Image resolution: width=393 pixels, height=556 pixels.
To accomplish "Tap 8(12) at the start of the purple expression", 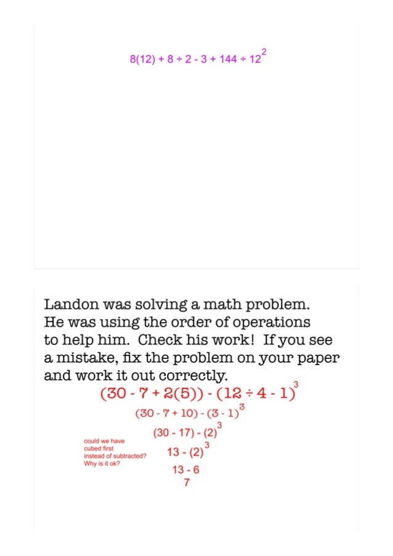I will pos(142,60).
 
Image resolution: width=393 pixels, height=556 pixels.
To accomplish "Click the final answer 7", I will pos(186,483).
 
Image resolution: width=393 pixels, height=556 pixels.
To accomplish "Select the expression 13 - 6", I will pos(185,470).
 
